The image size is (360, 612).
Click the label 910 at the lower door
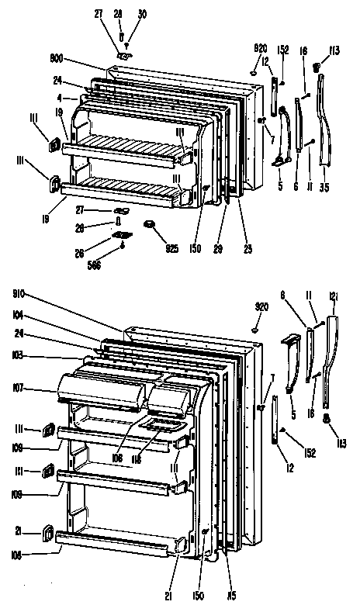click(22, 294)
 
